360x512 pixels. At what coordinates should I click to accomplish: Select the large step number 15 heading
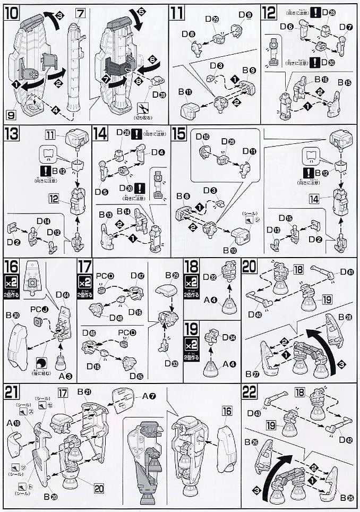tap(179, 133)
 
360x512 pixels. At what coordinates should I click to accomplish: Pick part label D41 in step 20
tap(347, 272)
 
